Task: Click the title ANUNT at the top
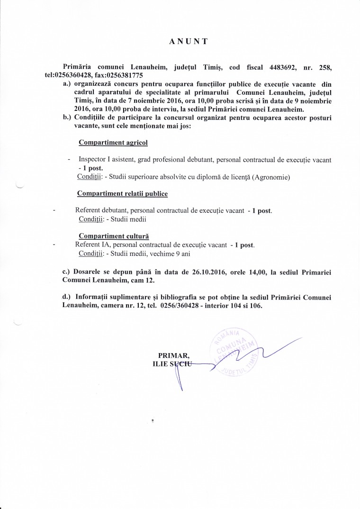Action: tap(188, 41)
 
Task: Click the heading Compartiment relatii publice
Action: tap(123, 194)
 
